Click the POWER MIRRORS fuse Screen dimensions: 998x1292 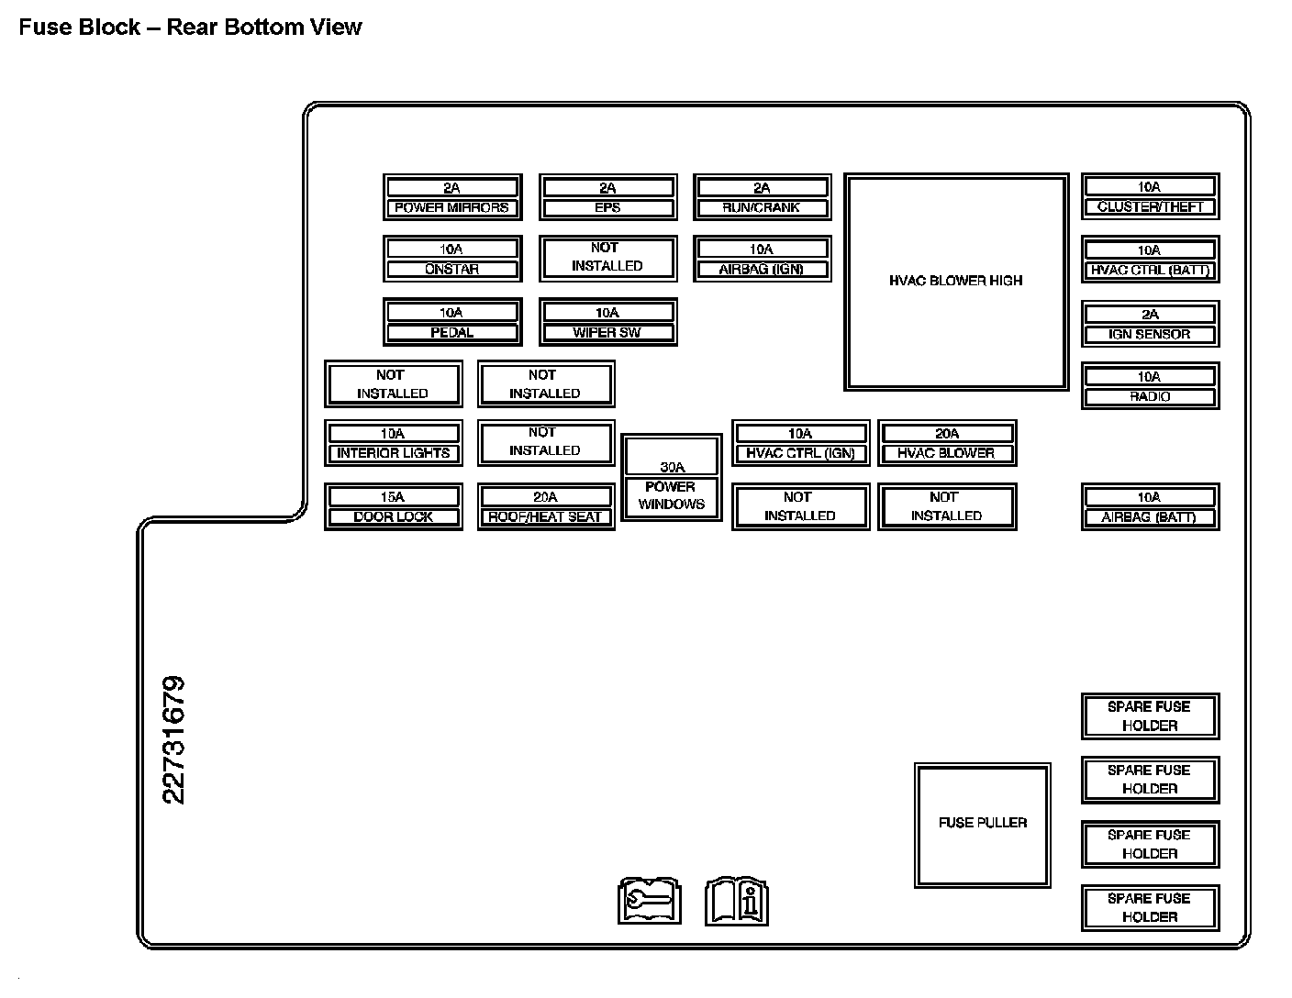coord(452,197)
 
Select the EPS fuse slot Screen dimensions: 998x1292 coord(607,197)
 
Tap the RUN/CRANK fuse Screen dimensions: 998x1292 coord(762,197)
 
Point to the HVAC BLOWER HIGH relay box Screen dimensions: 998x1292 coord(955,282)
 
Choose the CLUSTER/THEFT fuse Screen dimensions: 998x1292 coord(1150,196)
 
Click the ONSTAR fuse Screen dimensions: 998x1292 coord(452,259)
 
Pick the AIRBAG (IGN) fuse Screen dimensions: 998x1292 coord(762,259)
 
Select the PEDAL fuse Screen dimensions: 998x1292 coord(452,322)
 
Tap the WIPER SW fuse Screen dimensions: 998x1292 coord(607,322)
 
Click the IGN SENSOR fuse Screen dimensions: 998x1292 coord(1150,324)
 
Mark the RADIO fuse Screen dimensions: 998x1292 coord(1150,386)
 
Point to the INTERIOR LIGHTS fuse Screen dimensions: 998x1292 coord(393,443)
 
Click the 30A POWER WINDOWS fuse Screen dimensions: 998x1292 coord(671,478)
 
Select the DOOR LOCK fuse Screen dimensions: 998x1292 coord(393,506)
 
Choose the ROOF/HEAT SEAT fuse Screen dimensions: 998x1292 coord(545,506)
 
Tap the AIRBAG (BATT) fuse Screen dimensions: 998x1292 coord(1150,506)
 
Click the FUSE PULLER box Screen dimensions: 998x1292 coord(982,824)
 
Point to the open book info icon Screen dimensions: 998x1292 coord(736,902)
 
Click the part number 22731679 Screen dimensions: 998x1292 coord(173,739)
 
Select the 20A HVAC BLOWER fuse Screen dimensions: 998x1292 coord(946,443)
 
